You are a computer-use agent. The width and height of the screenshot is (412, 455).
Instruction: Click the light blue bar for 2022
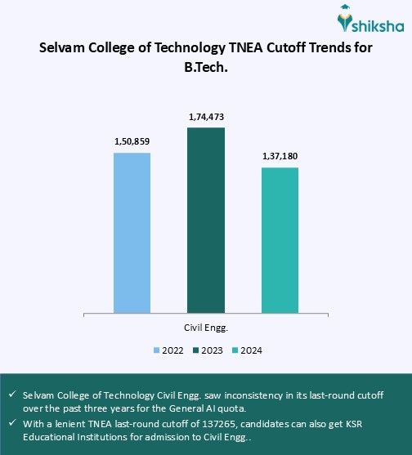(x=132, y=232)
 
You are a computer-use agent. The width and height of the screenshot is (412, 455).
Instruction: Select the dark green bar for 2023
(x=205, y=220)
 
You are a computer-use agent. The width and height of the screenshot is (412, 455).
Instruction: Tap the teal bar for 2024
(x=280, y=239)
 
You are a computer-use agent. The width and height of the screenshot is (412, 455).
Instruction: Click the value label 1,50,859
(x=132, y=141)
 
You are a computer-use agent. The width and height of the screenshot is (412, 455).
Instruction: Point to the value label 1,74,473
(x=205, y=117)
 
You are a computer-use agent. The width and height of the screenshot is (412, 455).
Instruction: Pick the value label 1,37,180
(x=280, y=156)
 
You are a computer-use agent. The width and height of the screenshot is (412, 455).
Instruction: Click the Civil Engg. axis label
(x=205, y=327)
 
